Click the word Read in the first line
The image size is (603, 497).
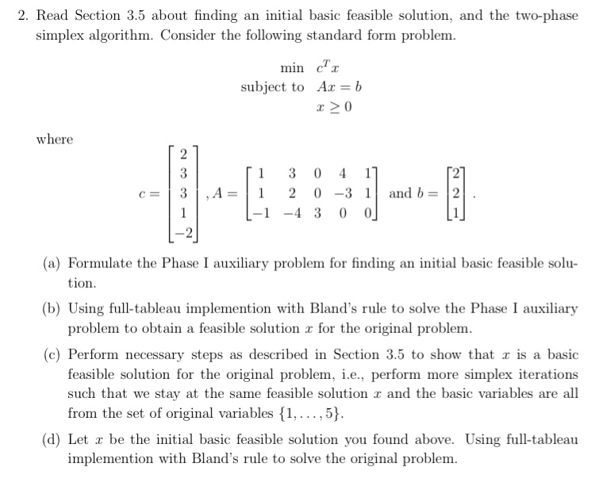[x=55, y=16]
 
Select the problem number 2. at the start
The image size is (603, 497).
[x=23, y=16]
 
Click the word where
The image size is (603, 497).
[x=55, y=140]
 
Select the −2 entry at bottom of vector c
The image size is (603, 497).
[x=182, y=231]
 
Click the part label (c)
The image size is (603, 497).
[x=52, y=356]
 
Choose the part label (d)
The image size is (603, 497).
[x=52, y=439]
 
